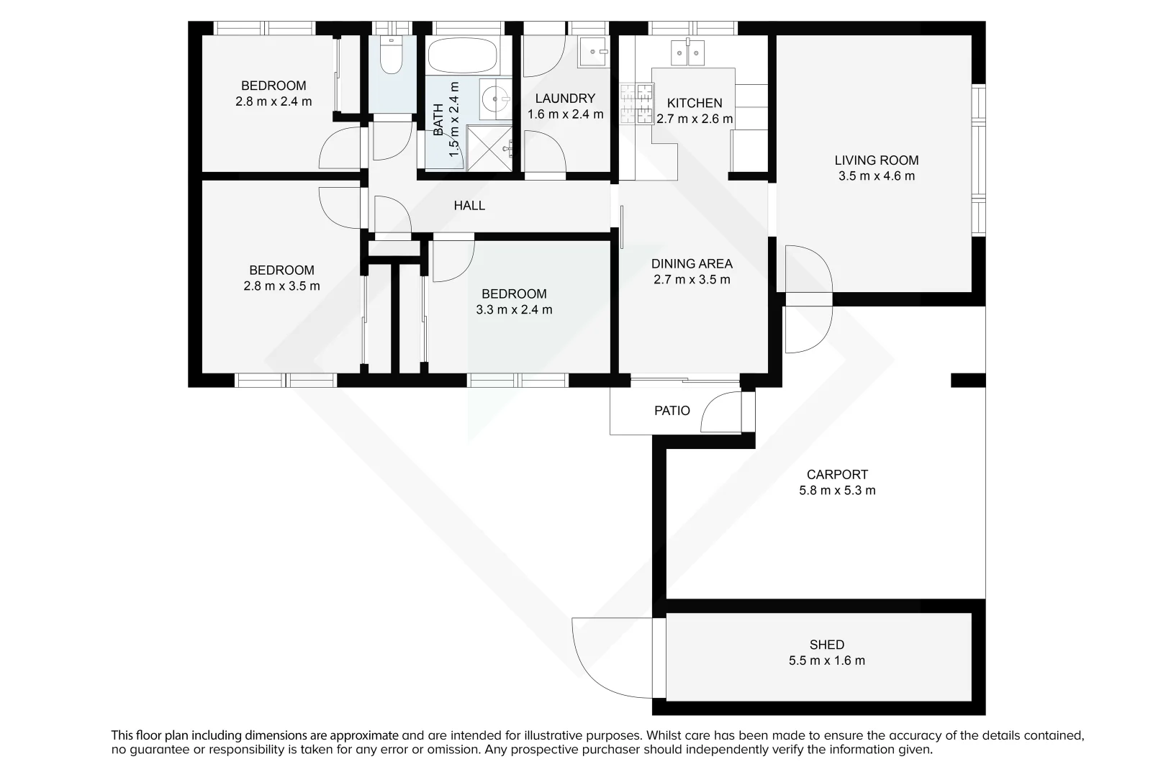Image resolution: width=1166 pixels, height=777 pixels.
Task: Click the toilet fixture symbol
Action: click(x=391, y=56)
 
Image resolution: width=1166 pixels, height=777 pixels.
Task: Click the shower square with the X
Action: click(x=489, y=147)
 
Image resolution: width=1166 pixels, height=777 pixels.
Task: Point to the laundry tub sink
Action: click(x=595, y=51)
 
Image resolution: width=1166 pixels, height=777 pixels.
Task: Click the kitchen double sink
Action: click(x=687, y=53)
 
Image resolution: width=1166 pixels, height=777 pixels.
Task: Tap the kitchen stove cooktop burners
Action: click(x=636, y=104)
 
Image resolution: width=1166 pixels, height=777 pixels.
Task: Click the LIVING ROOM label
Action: click(x=876, y=160)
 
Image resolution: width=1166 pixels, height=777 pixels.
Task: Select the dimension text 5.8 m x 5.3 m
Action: click(x=837, y=491)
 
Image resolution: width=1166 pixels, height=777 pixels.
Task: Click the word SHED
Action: click(x=826, y=645)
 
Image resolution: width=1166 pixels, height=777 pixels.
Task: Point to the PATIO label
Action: click(x=672, y=411)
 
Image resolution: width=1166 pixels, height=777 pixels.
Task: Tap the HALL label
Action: click(x=469, y=206)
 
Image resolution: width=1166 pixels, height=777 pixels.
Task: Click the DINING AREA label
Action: click(x=691, y=264)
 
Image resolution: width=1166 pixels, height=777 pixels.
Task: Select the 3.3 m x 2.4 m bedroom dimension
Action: click(x=514, y=310)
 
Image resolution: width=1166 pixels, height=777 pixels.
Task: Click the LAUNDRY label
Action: click(x=565, y=99)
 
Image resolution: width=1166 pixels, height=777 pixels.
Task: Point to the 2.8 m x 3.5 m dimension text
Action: click(x=281, y=286)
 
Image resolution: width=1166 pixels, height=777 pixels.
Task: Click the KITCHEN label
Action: click(x=694, y=103)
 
